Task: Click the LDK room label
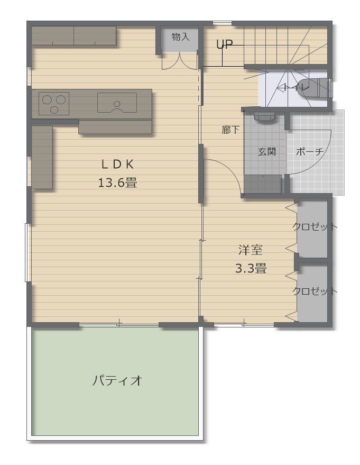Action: point(118,163)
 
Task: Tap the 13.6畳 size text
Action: point(118,183)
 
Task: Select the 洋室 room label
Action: point(251,250)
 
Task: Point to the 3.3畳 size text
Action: point(251,268)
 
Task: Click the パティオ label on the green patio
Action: point(117,380)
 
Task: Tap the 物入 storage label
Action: point(180,37)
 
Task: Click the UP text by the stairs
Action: point(224,45)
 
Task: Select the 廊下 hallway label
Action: point(230,130)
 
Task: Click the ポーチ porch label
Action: point(310,151)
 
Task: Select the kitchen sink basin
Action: point(117,103)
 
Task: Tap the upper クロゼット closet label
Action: point(315,227)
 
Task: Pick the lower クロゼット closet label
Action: point(315,291)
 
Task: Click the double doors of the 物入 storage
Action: point(180,60)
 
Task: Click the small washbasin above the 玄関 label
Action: point(264,115)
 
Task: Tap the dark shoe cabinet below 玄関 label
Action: point(263,185)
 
